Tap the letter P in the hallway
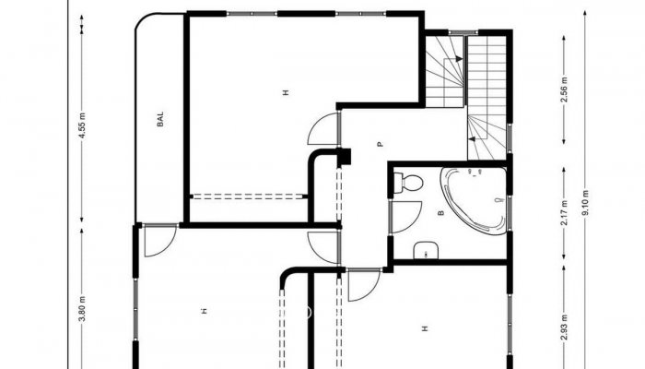point(379,145)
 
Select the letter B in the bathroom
point(440,213)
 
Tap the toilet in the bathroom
point(408,184)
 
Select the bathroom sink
point(426,249)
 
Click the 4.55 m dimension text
point(82,125)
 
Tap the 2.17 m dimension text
point(564,215)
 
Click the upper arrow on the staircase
point(453,63)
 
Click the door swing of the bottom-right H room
point(362,285)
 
